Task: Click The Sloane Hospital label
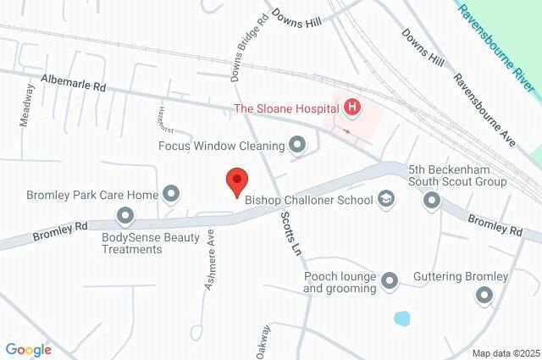pyautogui.click(x=287, y=108)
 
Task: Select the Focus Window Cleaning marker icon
pyautogui.click(x=296, y=146)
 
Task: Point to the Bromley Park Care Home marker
pyautogui.click(x=171, y=195)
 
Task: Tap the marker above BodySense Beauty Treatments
pyautogui.click(x=125, y=215)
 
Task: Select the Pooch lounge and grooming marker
pyautogui.click(x=390, y=280)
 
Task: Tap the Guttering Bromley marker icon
pyautogui.click(x=484, y=295)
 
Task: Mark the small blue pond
pyautogui.click(x=402, y=319)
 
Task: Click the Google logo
pyautogui.click(x=28, y=349)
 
